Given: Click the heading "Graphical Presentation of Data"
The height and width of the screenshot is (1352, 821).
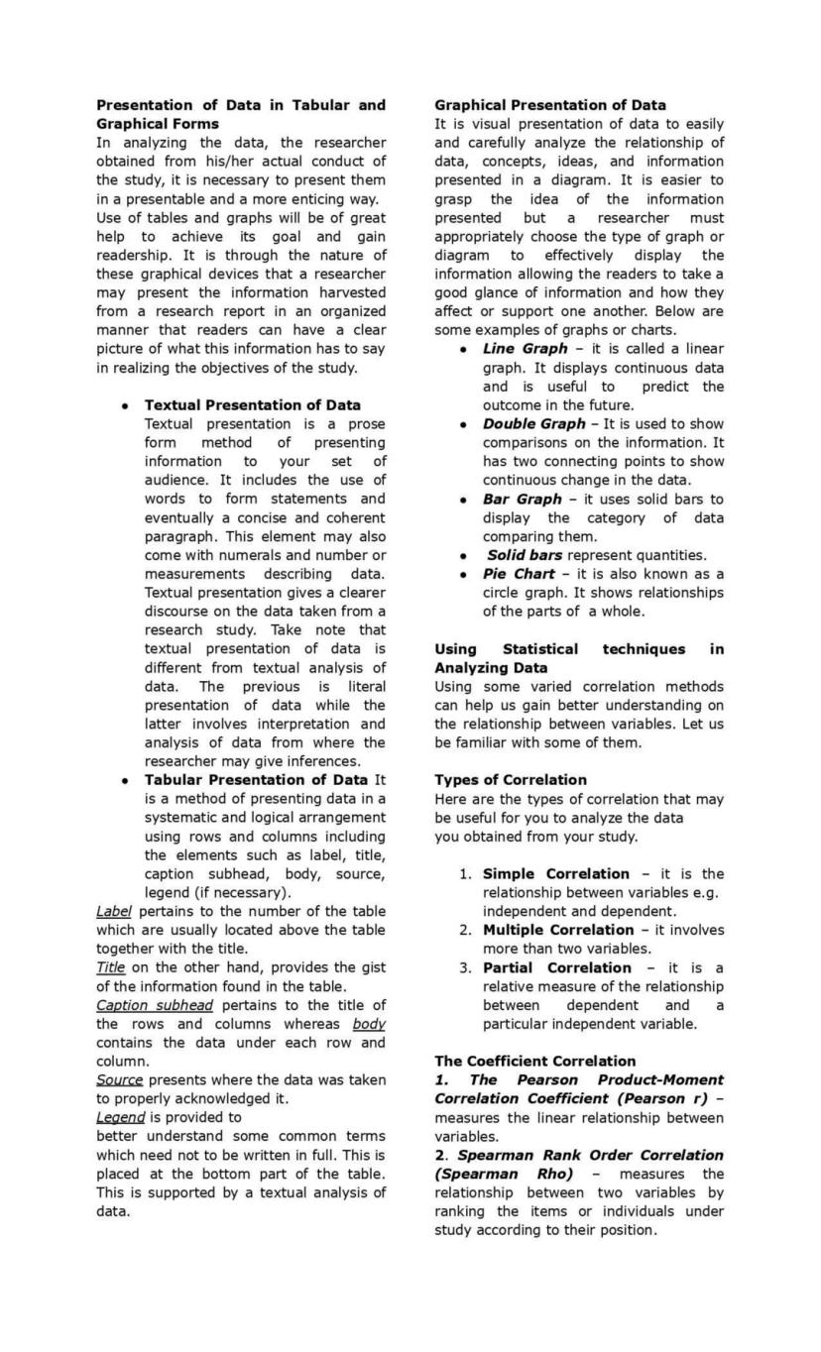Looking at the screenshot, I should [550, 105].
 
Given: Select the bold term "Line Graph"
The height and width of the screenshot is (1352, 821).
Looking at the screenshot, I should [525, 349].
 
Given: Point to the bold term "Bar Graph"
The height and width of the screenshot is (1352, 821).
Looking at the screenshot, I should [522, 500].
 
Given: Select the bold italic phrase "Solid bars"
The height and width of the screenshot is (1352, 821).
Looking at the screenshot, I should [524, 556].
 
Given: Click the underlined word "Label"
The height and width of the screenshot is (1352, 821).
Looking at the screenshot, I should [114, 912].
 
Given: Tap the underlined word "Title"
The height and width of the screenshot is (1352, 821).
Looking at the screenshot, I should [110, 968].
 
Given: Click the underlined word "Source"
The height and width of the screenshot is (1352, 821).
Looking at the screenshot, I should [119, 1080].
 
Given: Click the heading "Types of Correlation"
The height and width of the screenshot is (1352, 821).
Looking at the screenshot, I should [511, 781].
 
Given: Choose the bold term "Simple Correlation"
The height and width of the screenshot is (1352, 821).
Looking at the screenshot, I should [555, 874].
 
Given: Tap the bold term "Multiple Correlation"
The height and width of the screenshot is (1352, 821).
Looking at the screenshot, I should [557, 931].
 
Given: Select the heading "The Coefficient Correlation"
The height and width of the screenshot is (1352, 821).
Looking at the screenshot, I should [535, 1062].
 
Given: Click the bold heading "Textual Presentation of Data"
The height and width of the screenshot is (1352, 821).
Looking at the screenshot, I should [253, 405].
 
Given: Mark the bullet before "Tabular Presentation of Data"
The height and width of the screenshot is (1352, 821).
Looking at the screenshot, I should [125, 781].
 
